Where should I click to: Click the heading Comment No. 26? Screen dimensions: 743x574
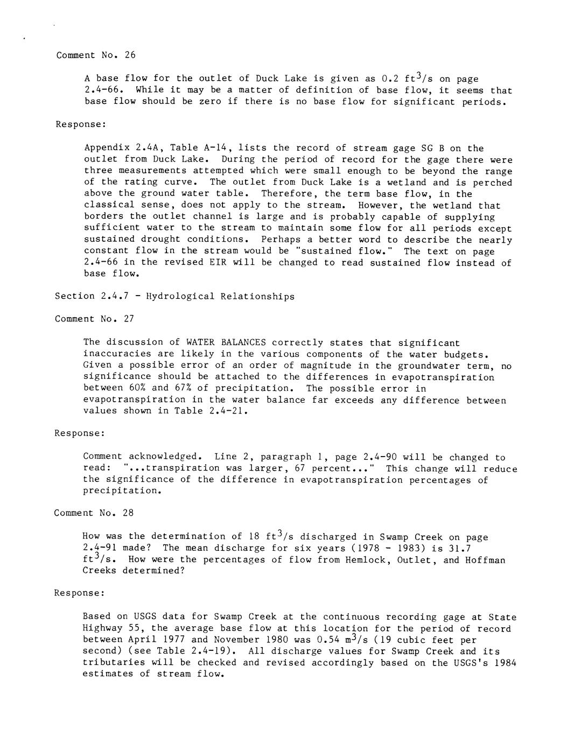tap(96, 55)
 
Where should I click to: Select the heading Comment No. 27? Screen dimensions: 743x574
tap(95, 319)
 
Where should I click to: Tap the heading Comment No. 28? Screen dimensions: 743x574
tap(94, 513)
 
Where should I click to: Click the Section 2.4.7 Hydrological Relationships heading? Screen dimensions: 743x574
tap(174, 296)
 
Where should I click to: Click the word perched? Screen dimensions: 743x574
tap(492, 183)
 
